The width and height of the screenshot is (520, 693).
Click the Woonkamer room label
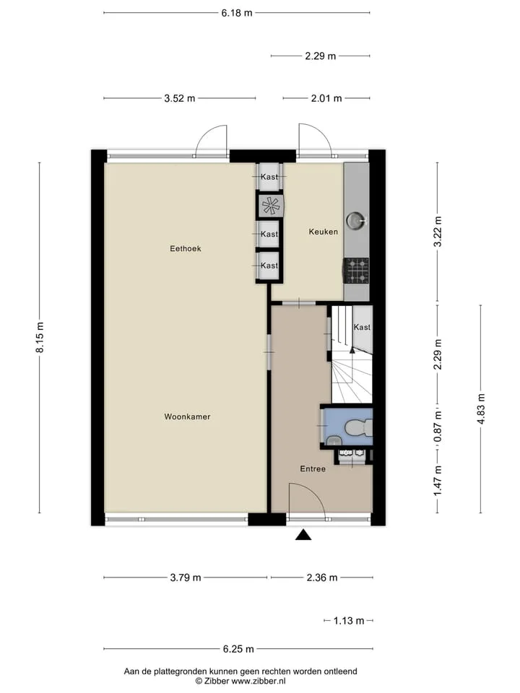click(x=187, y=417)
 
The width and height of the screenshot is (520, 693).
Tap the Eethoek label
click(x=186, y=249)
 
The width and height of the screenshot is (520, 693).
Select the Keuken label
click(x=324, y=232)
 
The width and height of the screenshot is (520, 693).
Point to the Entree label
click(x=313, y=469)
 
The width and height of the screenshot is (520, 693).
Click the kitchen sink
click(x=356, y=220)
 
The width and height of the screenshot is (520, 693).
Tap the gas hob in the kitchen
click(x=356, y=271)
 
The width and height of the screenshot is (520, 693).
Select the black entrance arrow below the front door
click(x=303, y=535)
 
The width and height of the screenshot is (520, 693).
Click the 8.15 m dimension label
click(x=40, y=337)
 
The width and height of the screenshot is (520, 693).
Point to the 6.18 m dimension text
click(x=237, y=13)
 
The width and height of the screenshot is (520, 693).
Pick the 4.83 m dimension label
click(x=481, y=409)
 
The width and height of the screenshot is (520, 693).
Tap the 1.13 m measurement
click(x=349, y=621)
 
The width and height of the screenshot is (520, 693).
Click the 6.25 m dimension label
click(x=238, y=649)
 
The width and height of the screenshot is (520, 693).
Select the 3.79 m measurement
click(x=186, y=577)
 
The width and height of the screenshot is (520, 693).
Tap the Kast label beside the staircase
click(x=362, y=328)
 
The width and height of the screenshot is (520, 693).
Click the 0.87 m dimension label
click(x=438, y=427)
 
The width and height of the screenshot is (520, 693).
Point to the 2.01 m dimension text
click(x=326, y=99)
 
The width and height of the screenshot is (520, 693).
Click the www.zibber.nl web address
click(x=259, y=681)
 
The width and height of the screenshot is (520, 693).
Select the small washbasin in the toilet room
click(x=333, y=440)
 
